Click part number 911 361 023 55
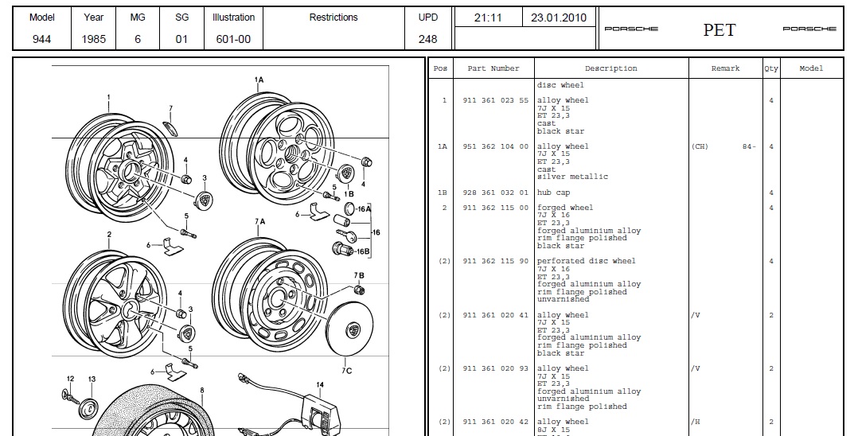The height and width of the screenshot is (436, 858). tap(495, 100)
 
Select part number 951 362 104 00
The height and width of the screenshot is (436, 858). tap(495, 146)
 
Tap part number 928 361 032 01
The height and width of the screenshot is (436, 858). tap(495, 193)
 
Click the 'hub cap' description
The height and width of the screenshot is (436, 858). tap(555, 193)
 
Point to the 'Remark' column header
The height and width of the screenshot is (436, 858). tap(725, 68)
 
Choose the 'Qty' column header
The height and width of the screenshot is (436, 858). tap(770, 68)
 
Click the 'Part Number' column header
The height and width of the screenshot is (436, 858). tap(493, 68)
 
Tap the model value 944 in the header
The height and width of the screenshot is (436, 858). tap(41, 38)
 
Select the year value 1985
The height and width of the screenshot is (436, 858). tap(93, 38)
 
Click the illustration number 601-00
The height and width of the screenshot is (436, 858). tap(233, 38)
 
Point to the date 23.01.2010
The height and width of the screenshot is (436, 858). tap(558, 17)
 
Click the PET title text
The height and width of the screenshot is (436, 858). tap(719, 30)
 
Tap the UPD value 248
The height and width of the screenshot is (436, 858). tap(427, 38)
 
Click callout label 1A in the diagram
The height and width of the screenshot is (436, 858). tap(259, 80)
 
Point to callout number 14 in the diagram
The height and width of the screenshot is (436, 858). tap(319, 385)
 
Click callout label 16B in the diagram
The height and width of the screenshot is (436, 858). tap(363, 251)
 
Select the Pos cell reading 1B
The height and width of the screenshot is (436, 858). tap(443, 193)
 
